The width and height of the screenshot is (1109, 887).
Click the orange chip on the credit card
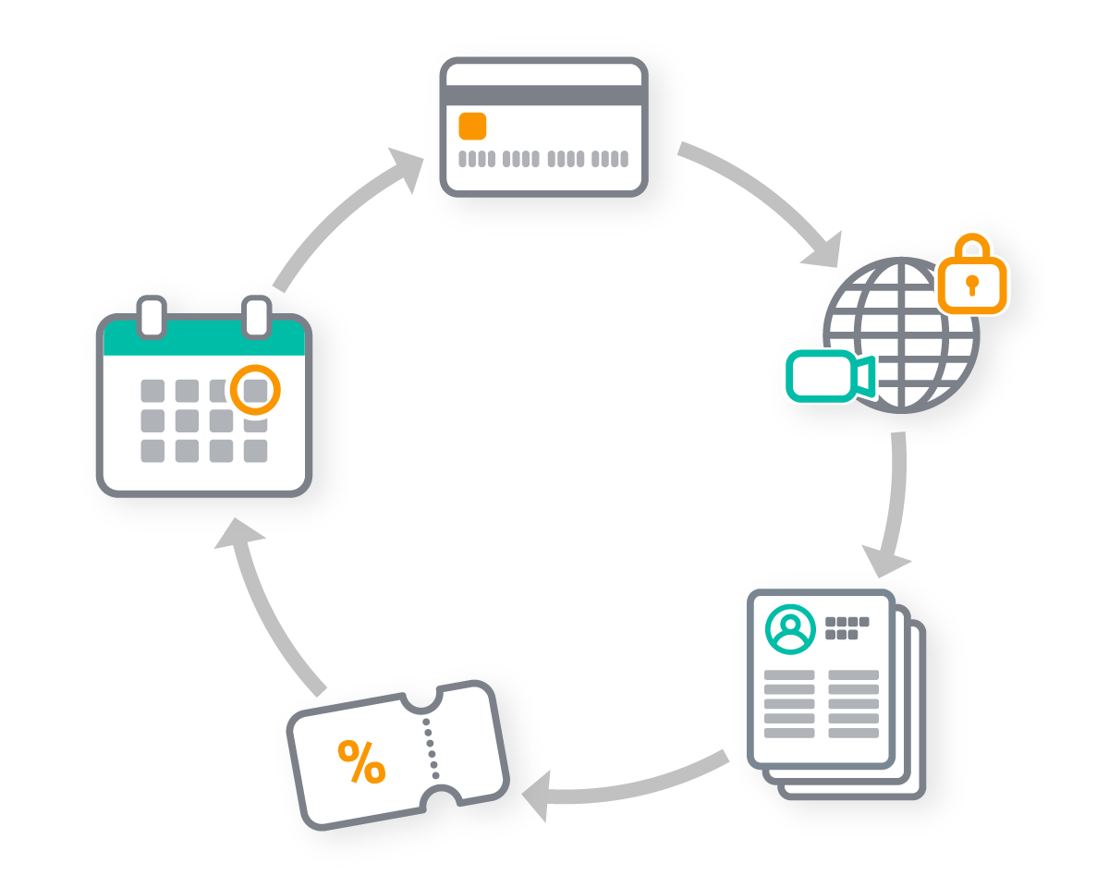[472, 126]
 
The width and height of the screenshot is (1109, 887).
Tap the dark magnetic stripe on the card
[543, 95]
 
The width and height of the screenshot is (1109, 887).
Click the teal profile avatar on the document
[790, 629]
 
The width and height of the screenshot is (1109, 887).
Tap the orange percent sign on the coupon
[361, 762]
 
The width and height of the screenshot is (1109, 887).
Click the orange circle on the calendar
[254, 390]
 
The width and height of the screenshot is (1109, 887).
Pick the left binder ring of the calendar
[152, 316]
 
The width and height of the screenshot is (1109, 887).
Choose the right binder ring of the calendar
[256, 316]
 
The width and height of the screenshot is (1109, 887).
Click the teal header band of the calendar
[203, 340]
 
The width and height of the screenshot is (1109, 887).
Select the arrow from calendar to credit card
[342, 217]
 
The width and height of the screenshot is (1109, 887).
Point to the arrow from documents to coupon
[628, 785]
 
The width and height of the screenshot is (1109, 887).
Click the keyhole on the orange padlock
[972, 285]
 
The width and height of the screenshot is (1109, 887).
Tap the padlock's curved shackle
[971, 247]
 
